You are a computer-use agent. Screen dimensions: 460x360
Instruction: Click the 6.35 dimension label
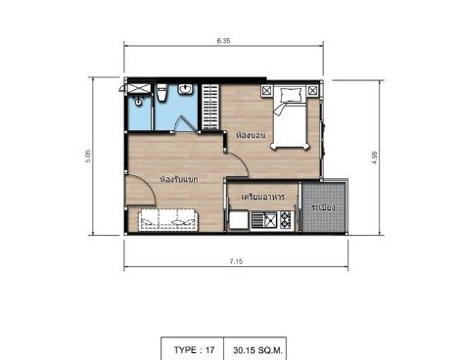coord(223,40)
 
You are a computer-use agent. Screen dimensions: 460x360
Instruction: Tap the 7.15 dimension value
coord(236,261)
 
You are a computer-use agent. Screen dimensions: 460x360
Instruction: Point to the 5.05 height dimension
coord(88,157)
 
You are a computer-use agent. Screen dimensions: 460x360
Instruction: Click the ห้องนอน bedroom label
coord(251,135)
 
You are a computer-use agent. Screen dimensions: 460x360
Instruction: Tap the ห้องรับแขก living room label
coord(179,179)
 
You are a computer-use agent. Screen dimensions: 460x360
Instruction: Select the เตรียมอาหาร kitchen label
coord(263,197)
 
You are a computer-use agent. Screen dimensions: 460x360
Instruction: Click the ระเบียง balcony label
coord(323,207)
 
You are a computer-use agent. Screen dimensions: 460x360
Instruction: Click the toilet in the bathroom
coord(161,93)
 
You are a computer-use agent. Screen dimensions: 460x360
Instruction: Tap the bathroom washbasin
coord(186,89)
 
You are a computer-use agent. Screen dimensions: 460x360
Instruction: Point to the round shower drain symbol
coord(139,102)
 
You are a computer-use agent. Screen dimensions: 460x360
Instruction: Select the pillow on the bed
coord(291,95)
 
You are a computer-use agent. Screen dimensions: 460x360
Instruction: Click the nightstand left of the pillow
coord(267,90)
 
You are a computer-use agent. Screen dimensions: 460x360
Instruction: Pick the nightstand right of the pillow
coord(312,90)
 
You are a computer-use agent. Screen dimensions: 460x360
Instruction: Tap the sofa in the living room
coord(168,220)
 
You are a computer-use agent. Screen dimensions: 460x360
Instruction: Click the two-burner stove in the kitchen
coord(285,220)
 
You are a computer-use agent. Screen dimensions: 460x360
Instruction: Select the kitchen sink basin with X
coord(270,220)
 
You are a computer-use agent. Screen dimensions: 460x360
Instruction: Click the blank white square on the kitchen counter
coord(239,220)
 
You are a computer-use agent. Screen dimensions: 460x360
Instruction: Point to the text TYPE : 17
coord(194,350)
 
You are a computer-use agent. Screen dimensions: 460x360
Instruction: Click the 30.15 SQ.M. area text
coord(257,350)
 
